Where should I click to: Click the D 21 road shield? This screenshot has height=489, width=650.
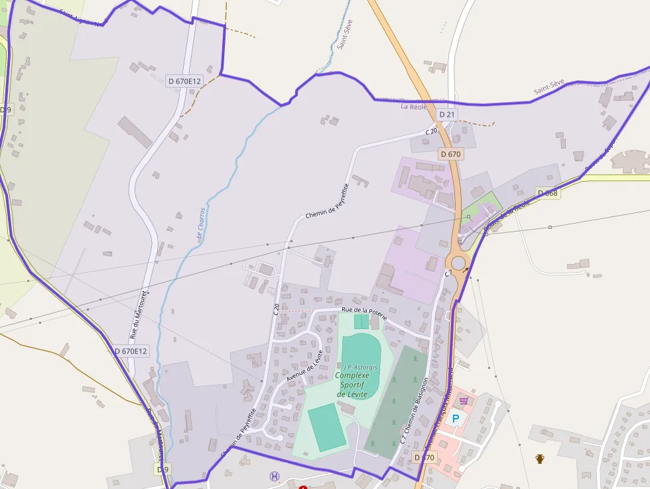point(448,115)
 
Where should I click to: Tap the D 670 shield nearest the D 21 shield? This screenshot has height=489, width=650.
point(450,154)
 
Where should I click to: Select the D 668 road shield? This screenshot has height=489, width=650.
point(549,193)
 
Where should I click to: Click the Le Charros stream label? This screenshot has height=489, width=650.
point(202,226)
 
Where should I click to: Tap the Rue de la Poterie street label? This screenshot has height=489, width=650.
point(364,313)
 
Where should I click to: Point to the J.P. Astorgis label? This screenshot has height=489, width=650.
point(360,366)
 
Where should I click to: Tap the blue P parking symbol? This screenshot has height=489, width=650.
point(456,419)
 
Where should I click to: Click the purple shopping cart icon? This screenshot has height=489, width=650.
point(463,400)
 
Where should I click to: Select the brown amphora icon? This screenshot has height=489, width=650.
point(540,458)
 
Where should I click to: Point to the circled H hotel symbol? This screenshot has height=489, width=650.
point(274,476)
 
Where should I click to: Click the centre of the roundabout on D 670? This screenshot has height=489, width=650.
point(458,263)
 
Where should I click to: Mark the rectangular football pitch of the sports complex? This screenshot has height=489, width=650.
point(326,427)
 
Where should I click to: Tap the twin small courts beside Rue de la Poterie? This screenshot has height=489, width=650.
point(361,322)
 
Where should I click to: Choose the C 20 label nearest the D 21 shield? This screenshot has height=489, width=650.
point(431,131)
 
